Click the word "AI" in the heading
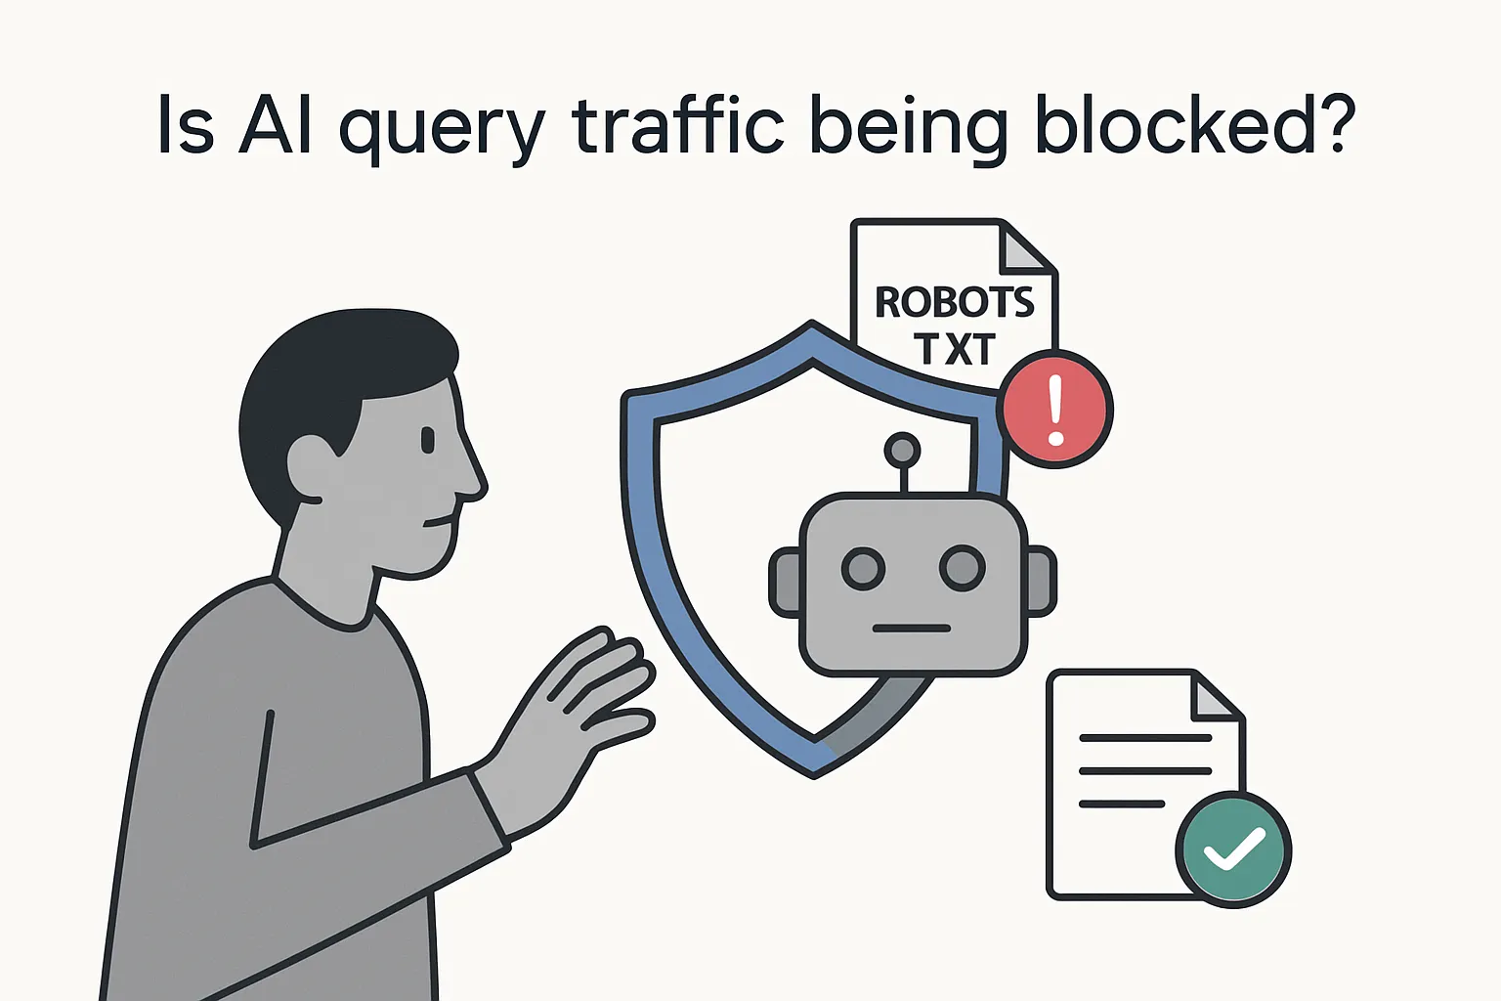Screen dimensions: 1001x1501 (x=276, y=126)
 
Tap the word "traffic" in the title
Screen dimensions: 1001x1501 (x=677, y=126)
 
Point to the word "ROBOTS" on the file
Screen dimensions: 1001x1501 (x=954, y=303)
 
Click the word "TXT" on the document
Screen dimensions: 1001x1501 (x=955, y=349)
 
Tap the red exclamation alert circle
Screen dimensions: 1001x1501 (x=1054, y=410)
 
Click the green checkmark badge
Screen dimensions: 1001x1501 (x=1233, y=849)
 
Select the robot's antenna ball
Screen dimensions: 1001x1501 (x=902, y=451)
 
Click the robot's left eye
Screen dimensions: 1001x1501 (x=864, y=568)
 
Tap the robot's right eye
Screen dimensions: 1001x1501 (x=963, y=567)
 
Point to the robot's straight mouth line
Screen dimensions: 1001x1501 (x=912, y=628)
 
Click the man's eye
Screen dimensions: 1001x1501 (x=428, y=441)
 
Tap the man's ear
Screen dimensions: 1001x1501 (x=310, y=467)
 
